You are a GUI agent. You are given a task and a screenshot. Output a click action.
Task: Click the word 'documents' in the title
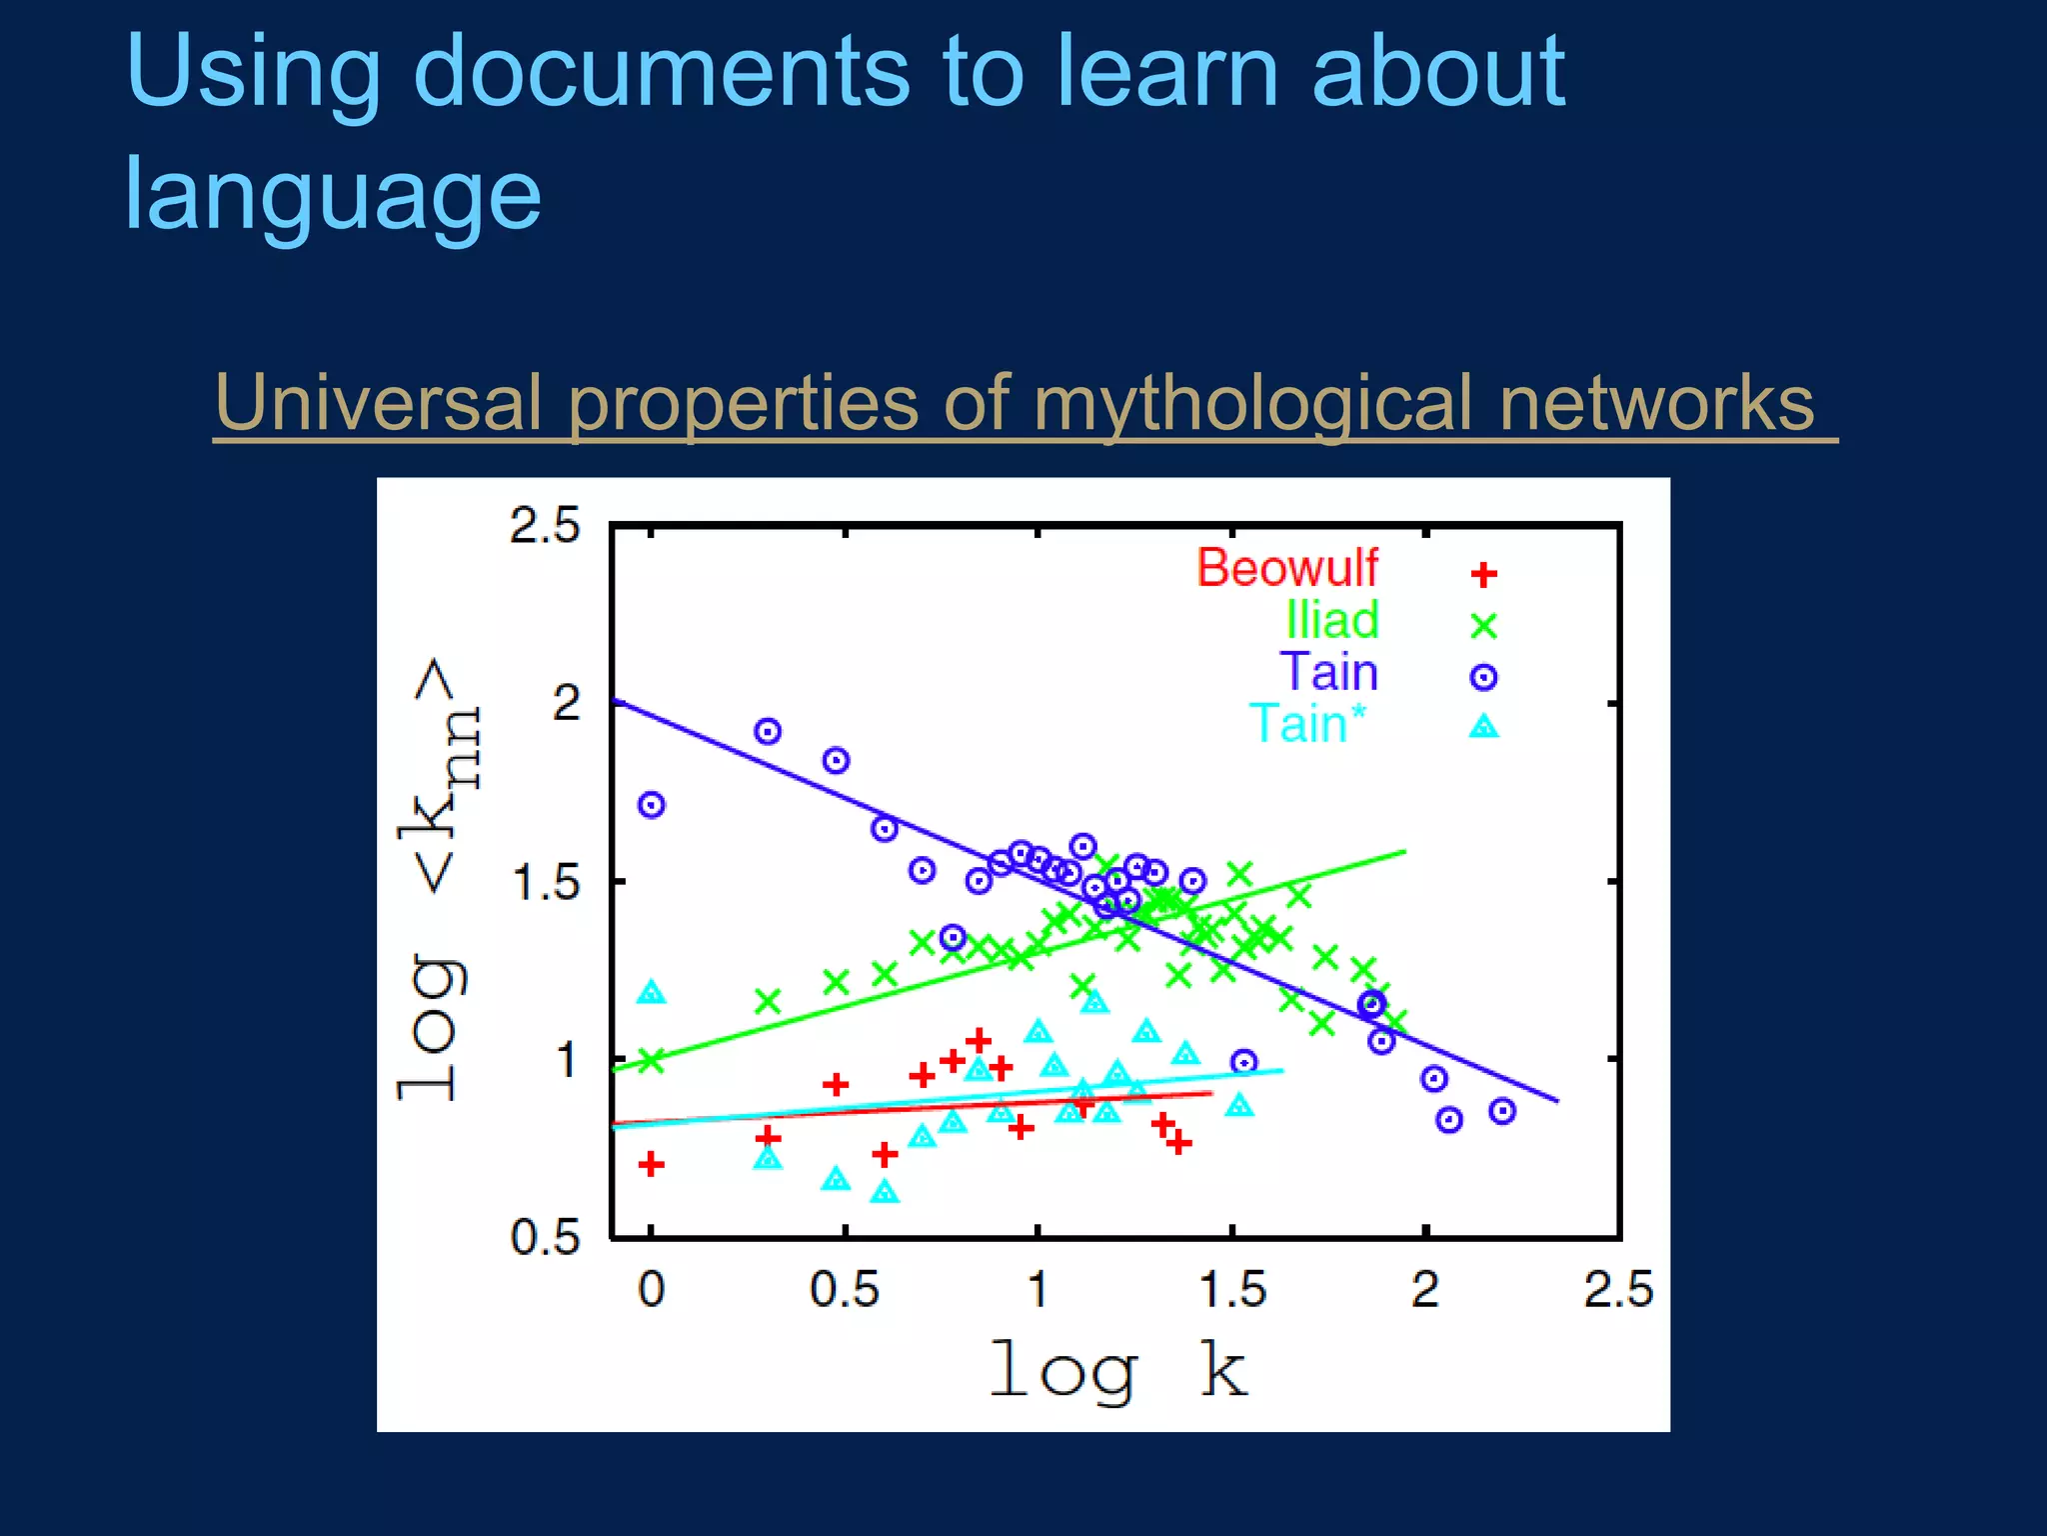pos(661,72)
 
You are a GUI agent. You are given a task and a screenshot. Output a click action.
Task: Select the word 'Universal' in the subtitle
pos(377,403)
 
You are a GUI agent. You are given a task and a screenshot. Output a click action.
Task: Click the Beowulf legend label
pos(1287,568)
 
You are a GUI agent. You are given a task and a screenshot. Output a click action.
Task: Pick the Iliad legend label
pos(1332,620)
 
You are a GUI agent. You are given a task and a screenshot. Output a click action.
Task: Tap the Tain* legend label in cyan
pos(1307,723)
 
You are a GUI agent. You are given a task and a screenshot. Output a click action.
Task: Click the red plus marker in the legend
pos(1484,575)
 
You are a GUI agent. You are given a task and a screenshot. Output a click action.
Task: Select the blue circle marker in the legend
pos(1484,677)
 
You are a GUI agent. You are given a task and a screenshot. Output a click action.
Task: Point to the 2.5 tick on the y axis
pos(545,526)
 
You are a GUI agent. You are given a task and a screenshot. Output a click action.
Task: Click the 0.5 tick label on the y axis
pos(545,1238)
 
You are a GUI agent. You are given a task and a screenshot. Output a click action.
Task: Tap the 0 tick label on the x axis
pos(652,1290)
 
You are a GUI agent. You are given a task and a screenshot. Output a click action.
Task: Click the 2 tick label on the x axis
pos(1425,1290)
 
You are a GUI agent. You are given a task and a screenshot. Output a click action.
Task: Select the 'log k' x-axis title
pos(1117,1370)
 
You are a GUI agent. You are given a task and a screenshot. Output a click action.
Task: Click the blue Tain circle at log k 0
pos(652,805)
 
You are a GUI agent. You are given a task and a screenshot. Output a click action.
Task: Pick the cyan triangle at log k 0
pos(652,992)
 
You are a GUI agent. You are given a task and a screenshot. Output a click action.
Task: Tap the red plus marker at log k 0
pos(652,1164)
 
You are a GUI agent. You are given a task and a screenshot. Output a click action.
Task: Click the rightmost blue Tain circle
pos(1502,1111)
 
